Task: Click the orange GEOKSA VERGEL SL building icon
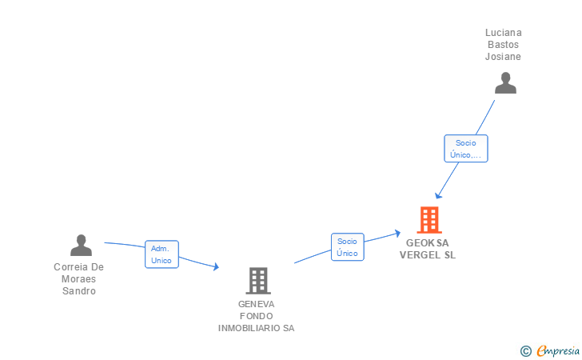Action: (x=429, y=220)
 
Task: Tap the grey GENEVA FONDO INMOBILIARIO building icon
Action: (x=257, y=281)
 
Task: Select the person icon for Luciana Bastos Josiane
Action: (x=505, y=83)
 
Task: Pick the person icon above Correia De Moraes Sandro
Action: (x=81, y=246)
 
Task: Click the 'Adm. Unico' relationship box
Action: (x=161, y=254)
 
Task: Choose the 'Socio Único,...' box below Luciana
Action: (x=465, y=149)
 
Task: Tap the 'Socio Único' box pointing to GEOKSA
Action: (x=347, y=247)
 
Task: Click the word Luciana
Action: (x=503, y=33)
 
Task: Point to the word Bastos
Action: (x=503, y=45)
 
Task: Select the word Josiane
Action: (x=503, y=57)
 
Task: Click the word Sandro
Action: (x=79, y=291)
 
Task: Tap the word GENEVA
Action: (x=256, y=304)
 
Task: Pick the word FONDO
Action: (x=256, y=316)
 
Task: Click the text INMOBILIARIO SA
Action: (x=256, y=328)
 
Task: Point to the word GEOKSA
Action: (x=428, y=243)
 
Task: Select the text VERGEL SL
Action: (x=428, y=255)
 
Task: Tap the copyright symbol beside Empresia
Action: (x=526, y=351)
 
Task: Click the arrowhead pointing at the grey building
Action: (x=216, y=267)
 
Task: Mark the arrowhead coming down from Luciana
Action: (x=438, y=195)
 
